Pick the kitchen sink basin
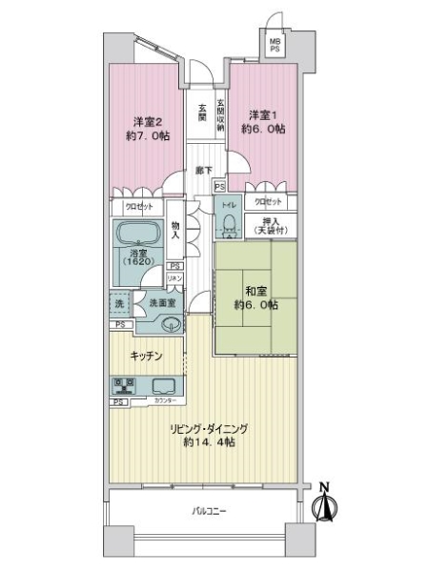(x=163, y=387)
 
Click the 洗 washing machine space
(x=119, y=304)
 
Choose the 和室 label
(x=255, y=292)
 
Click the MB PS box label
(x=276, y=46)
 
